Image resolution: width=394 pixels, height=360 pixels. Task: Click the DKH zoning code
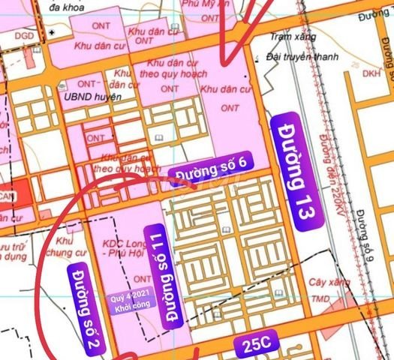[x=371, y=74]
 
